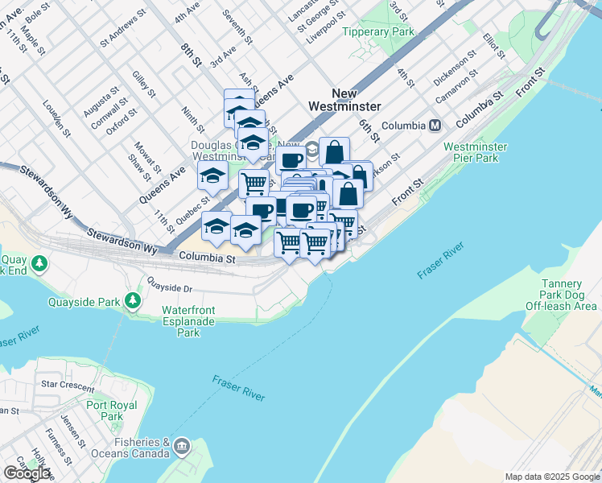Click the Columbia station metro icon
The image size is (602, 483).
tap(435, 126)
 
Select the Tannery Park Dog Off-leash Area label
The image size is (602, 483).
tap(561, 295)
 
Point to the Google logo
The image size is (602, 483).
tap(27, 473)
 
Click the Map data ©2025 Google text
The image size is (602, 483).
tap(552, 477)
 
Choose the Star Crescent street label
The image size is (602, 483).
tap(68, 385)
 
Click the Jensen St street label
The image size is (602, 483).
tap(73, 431)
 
